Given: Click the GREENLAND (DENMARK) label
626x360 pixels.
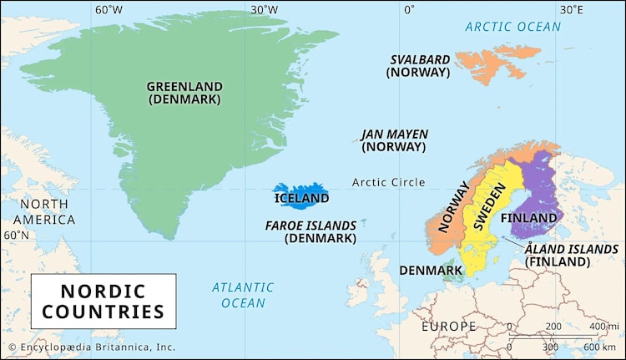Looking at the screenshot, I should click(x=184, y=92).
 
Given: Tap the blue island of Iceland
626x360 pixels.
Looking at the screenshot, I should click(x=301, y=197).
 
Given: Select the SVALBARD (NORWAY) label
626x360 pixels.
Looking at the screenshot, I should click(x=420, y=66).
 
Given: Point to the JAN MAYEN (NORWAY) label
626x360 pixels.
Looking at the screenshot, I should click(x=394, y=139).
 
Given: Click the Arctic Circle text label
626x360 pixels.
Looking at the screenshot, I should click(x=388, y=182).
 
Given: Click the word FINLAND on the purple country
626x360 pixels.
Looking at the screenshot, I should click(x=528, y=218).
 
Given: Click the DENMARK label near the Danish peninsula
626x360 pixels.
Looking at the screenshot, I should click(x=431, y=271).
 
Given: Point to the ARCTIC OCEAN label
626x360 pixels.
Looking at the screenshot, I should click(x=512, y=27).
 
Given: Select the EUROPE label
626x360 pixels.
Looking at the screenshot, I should click(x=448, y=326).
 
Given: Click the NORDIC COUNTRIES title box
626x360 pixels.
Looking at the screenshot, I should click(x=103, y=302).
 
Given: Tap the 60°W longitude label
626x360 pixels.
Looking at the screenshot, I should click(x=109, y=10).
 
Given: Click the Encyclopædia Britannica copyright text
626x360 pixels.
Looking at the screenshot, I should click(x=92, y=347).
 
